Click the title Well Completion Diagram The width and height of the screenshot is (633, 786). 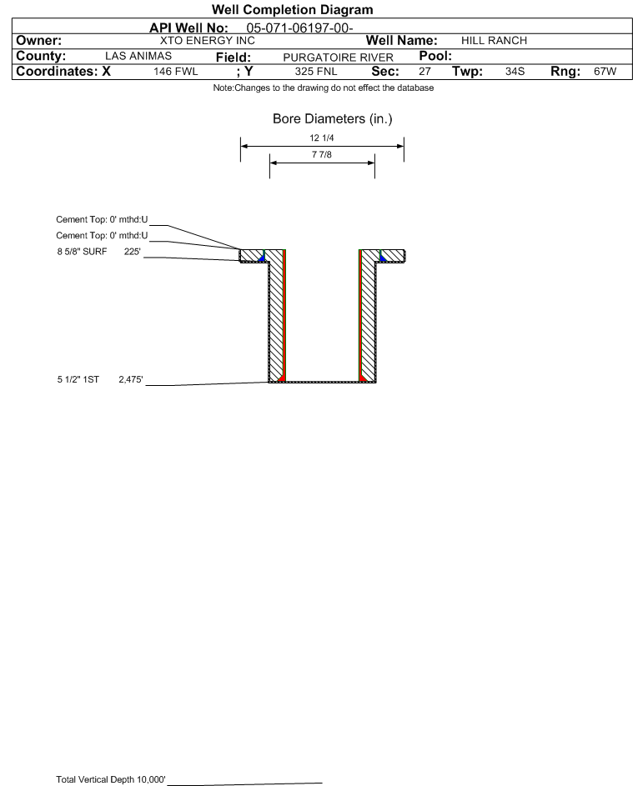pos(293,9)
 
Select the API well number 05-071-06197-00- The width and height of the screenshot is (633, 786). pos(299,28)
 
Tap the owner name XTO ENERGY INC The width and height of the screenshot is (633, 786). pos(207,41)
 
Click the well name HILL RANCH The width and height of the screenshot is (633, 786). pos(494,41)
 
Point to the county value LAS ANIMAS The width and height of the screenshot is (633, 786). pos(138,56)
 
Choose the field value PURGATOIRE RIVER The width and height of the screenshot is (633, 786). pos(338,58)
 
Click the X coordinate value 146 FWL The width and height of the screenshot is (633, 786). pos(175,72)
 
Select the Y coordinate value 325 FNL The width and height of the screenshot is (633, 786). pos(316,72)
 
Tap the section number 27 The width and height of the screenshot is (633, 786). pos(425,72)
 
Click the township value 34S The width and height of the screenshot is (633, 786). pos(515,72)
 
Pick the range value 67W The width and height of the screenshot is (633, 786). pos(605,72)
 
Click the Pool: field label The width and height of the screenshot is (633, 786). pos(435,56)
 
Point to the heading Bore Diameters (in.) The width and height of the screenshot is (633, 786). pos(333,119)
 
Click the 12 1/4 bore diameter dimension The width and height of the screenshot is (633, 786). pos(322,138)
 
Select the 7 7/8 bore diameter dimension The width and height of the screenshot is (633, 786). pos(322,154)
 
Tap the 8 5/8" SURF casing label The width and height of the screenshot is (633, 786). pos(82,252)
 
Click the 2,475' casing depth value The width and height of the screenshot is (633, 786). pos(131,379)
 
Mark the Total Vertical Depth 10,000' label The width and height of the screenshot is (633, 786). pos(111,779)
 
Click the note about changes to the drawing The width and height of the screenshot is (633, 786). pos(323,88)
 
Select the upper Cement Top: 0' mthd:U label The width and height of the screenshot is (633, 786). pos(102,219)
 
